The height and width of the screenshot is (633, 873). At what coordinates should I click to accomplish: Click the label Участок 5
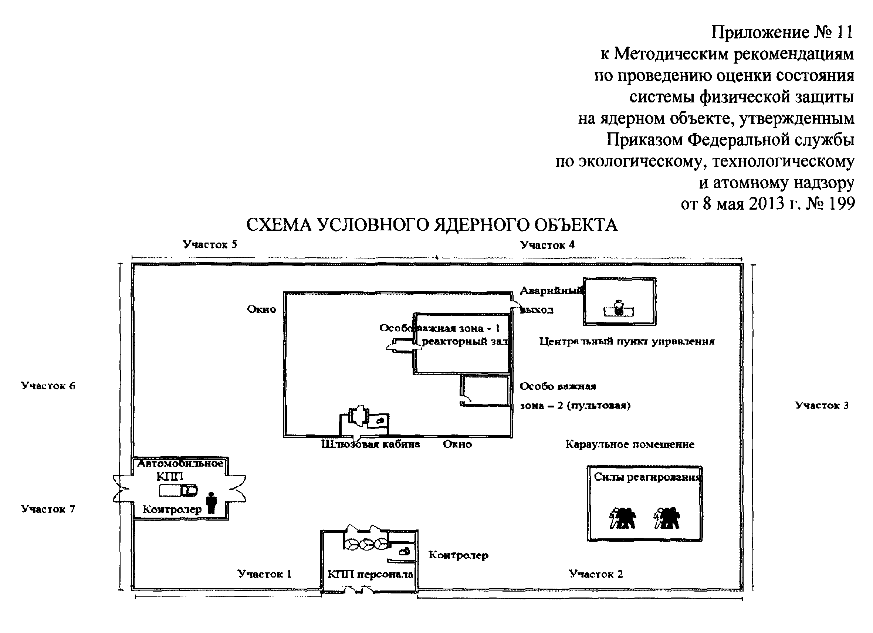(x=210, y=244)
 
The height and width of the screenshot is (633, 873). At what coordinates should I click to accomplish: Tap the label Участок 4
(x=547, y=245)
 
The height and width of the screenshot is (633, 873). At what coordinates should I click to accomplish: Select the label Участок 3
(x=822, y=405)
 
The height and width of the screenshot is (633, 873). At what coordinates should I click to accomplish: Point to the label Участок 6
(x=48, y=386)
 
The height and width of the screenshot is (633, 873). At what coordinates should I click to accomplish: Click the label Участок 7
(x=48, y=509)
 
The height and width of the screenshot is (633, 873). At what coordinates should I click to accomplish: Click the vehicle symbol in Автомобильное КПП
(x=178, y=491)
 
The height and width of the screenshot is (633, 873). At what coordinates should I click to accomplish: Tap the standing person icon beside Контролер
(x=211, y=502)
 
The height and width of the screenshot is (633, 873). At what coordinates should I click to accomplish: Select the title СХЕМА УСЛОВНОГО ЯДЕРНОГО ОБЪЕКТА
(x=432, y=225)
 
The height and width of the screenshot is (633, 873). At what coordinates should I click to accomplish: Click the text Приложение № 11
(x=782, y=32)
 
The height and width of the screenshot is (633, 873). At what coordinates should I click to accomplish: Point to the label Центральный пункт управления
(x=627, y=341)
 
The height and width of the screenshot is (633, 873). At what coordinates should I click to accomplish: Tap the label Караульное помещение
(x=630, y=444)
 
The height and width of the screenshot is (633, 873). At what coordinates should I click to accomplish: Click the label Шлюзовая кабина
(x=370, y=444)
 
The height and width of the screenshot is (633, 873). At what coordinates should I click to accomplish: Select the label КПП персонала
(x=370, y=575)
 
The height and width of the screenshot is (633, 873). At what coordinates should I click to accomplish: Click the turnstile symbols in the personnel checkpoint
(x=366, y=544)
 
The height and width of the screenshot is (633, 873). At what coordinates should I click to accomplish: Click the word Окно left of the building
(x=261, y=309)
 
